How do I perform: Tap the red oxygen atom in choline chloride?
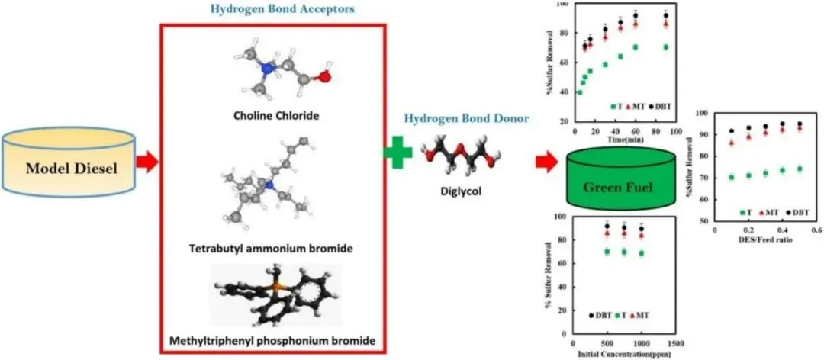point(324,76)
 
